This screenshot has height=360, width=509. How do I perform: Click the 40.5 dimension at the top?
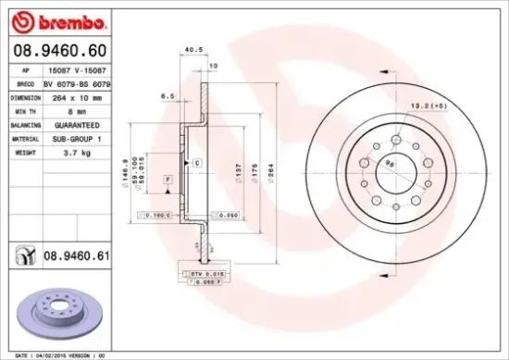193,51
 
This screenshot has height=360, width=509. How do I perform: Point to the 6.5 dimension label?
168,95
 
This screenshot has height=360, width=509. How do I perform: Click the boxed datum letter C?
197,163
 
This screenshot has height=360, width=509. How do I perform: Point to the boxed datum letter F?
168,178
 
